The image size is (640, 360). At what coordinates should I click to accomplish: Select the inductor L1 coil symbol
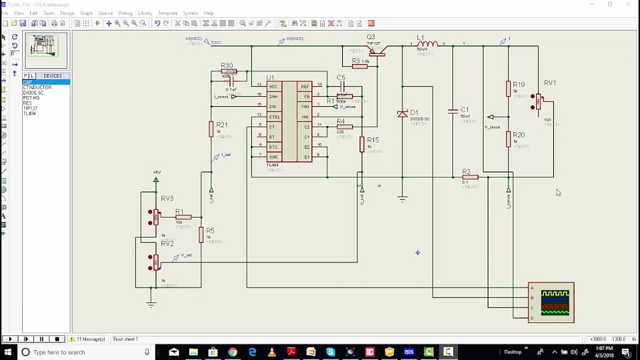tap(427, 44)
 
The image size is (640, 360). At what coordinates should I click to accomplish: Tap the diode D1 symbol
tap(402, 114)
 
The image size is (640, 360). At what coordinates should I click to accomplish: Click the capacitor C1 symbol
tap(453, 111)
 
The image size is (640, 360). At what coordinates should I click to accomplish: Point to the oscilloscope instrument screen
tap(555, 302)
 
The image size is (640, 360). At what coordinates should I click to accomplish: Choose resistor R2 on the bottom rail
tap(470, 177)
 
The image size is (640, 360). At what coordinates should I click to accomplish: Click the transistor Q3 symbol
tap(376, 50)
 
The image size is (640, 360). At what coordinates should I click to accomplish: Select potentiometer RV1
tap(539, 102)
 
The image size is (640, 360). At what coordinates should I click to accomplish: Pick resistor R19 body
tap(508, 89)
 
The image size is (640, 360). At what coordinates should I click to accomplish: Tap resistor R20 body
tap(508, 139)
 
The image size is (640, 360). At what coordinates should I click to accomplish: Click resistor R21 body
tap(211, 129)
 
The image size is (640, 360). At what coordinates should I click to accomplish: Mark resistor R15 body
tap(362, 144)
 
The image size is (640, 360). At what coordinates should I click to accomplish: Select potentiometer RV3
tap(156, 216)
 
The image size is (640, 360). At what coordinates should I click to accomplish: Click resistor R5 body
tap(201, 235)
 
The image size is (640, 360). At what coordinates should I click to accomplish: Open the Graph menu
tap(86, 13)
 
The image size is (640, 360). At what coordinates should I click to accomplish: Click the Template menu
tap(168, 13)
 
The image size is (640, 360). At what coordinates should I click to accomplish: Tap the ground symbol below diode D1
tap(402, 200)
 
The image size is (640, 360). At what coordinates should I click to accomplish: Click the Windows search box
tap(85, 352)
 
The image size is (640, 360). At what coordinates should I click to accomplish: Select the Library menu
tap(145, 13)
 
